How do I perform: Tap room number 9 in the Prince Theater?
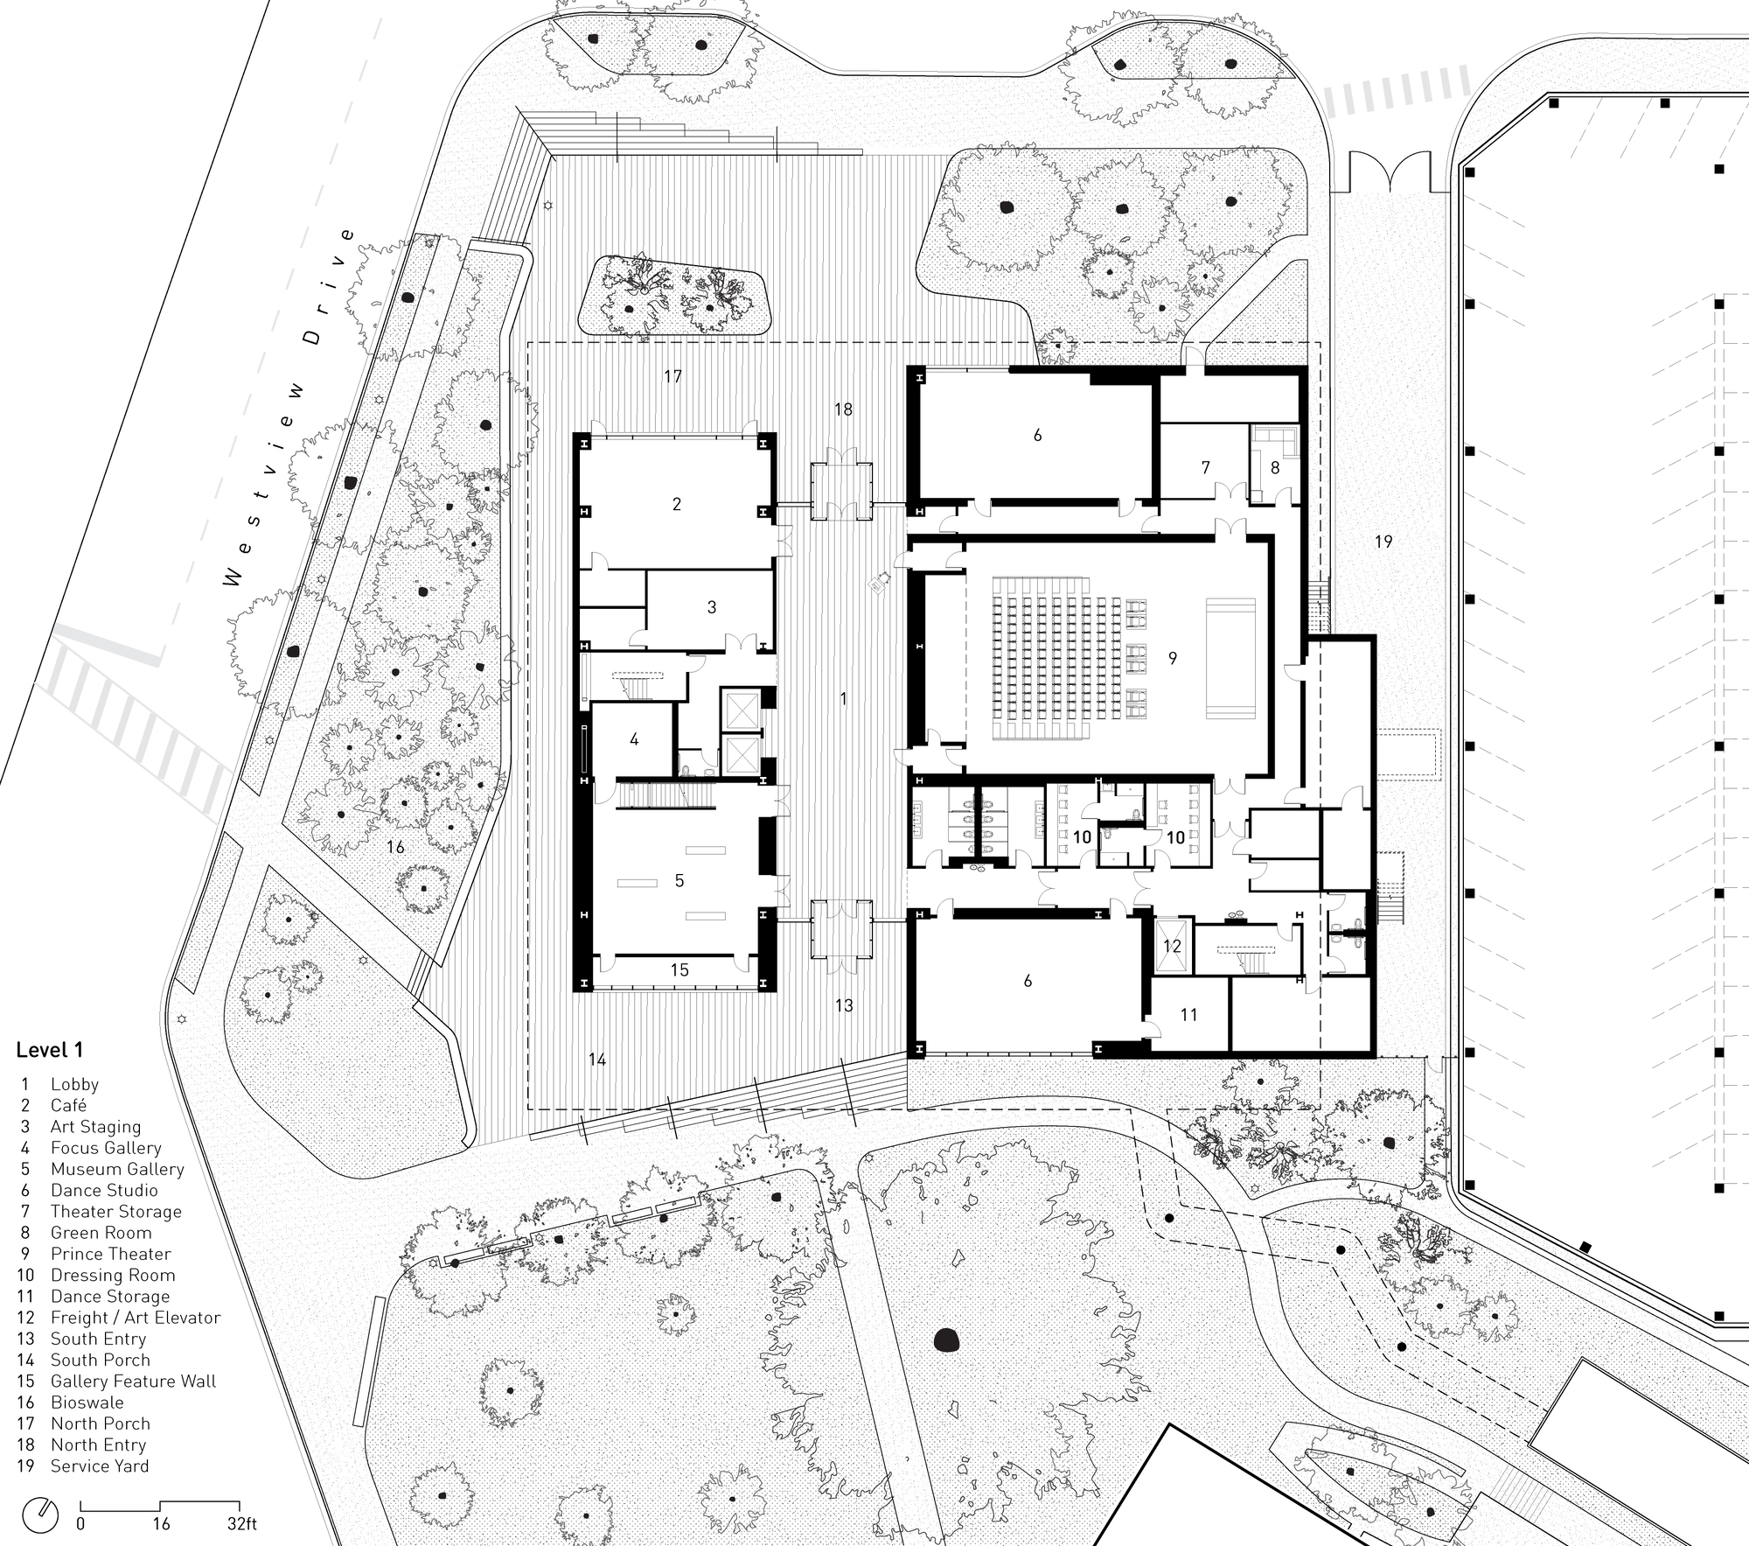1173,657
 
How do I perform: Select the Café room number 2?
676,504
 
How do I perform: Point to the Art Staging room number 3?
711,606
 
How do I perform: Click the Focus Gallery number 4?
634,739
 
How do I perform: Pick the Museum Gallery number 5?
679,880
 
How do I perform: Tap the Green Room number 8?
1275,467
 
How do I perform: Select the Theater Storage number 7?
1205,467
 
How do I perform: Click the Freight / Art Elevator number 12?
1172,946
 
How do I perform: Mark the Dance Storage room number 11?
1188,1015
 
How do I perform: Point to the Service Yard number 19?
1383,542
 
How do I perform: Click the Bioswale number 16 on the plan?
395,846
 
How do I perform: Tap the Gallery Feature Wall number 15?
679,969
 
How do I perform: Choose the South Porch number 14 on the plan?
597,1060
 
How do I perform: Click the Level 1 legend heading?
50,1050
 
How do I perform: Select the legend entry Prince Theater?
110,1254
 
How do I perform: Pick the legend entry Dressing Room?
112,1275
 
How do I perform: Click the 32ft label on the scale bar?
241,1524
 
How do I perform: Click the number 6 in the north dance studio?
1037,435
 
